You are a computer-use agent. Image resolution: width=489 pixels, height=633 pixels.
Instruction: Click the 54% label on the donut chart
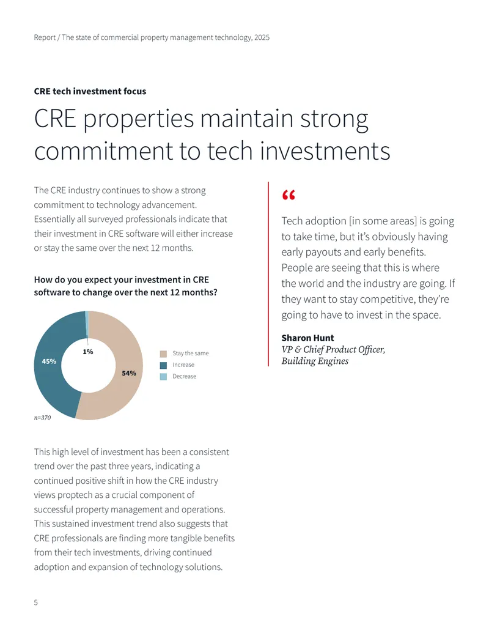coord(129,374)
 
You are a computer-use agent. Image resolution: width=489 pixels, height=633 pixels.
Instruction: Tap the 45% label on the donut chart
coord(49,361)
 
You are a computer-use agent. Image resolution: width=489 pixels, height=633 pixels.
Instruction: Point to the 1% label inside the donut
coord(88,352)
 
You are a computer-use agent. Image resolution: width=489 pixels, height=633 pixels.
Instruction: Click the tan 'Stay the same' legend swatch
coord(163,354)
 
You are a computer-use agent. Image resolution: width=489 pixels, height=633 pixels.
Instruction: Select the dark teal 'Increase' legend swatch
coord(163,365)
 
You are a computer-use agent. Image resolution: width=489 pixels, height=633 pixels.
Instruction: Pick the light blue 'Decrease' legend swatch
coord(163,377)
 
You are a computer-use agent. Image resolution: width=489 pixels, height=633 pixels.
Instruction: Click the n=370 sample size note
coord(42,418)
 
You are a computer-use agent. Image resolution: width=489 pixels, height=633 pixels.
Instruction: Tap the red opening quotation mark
coord(289,194)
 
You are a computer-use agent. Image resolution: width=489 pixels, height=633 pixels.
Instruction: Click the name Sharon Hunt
coord(308,338)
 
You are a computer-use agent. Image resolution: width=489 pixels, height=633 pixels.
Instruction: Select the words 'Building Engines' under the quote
coord(315,361)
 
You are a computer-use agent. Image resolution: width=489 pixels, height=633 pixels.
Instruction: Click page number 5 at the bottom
coord(36,602)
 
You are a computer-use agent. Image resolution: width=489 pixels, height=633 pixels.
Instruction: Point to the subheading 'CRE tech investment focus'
coord(90,91)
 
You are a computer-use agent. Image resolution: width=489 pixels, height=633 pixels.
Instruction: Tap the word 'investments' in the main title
coord(325,151)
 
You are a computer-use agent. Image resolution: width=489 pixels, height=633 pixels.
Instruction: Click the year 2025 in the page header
coord(262,37)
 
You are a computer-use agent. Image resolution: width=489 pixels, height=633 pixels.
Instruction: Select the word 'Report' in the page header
coord(45,37)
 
